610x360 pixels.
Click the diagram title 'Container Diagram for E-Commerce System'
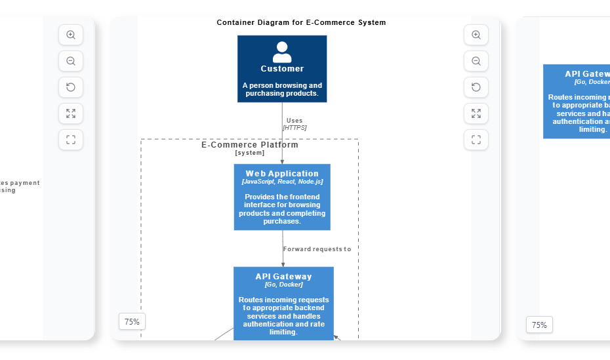301,22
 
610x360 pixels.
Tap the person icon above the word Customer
282,52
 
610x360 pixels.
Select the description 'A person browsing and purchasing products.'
282,89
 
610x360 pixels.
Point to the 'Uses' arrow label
295,120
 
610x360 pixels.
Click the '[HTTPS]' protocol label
295,128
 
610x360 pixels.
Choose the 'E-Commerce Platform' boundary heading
249,145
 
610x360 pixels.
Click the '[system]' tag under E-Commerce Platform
249,153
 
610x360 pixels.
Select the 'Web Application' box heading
282,174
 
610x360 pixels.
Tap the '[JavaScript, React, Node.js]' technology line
282,182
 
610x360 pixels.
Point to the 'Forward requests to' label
317,249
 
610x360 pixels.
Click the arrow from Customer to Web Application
282,141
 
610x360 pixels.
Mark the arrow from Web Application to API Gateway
283,252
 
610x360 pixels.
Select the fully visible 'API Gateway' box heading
283,277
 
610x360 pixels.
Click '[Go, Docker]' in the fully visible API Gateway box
283,285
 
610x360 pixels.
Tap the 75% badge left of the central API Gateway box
132,321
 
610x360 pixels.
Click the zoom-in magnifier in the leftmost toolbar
71,35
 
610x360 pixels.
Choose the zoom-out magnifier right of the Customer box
476,61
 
